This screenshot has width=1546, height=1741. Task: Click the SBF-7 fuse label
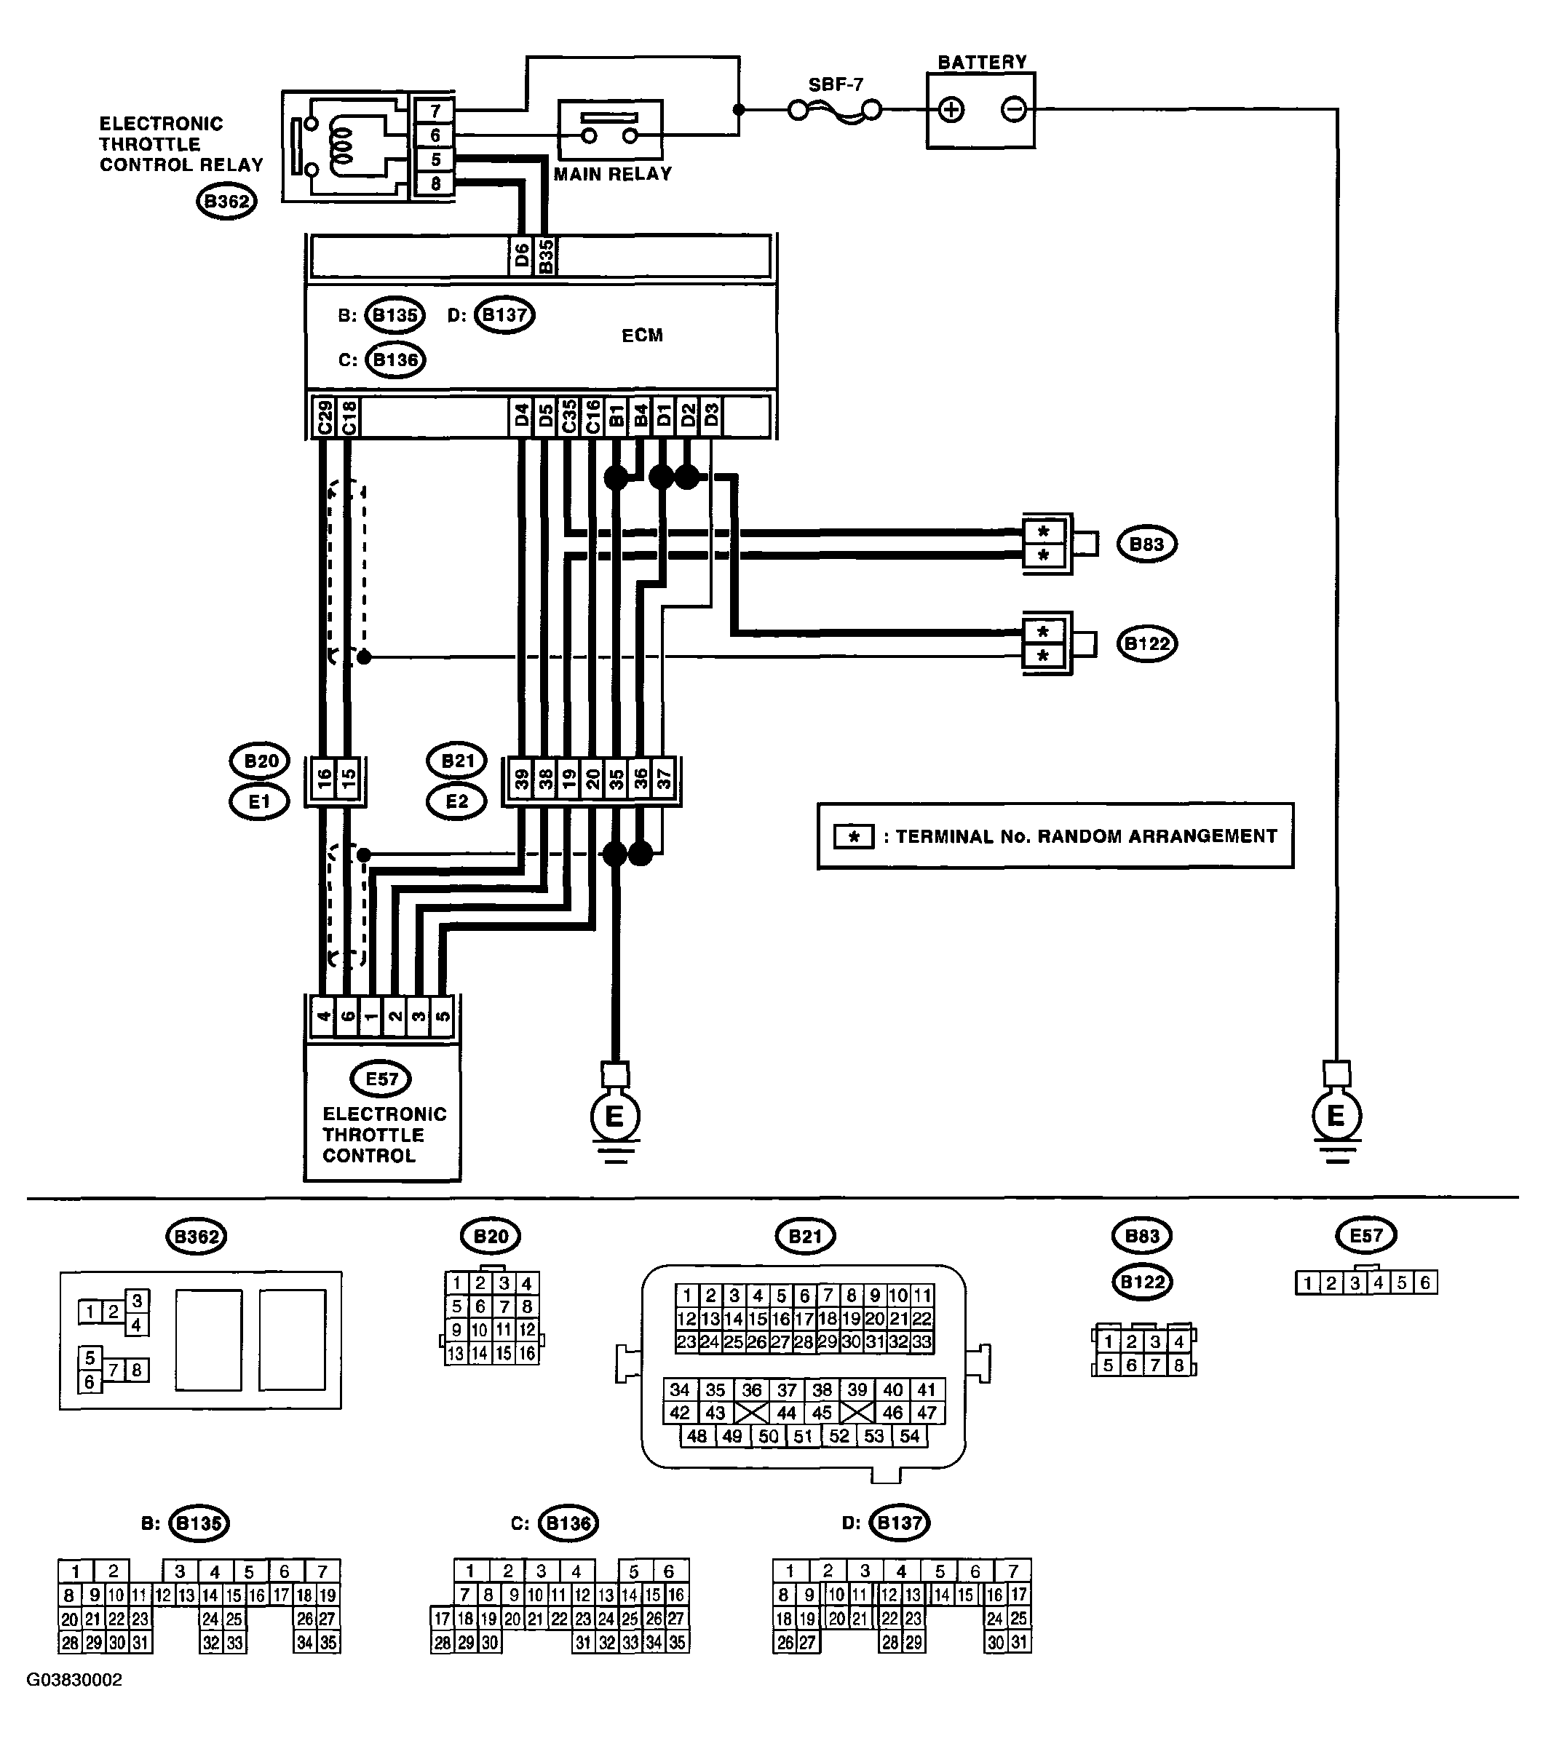pyautogui.click(x=835, y=84)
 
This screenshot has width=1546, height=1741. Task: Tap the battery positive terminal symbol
pyautogui.click(x=951, y=110)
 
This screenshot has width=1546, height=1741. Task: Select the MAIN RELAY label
pyautogui.click(x=612, y=174)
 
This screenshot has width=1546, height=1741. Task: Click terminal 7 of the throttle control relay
pyautogui.click(x=435, y=111)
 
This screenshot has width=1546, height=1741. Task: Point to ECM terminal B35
pyautogui.click(x=546, y=255)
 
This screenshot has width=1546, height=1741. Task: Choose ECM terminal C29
pyautogui.click(x=324, y=417)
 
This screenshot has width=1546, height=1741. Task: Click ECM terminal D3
pyautogui.click(x=711, y=417)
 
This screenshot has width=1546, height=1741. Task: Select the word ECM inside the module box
pyautogui.click(x=642, y=336)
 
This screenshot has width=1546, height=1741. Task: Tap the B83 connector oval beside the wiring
pyautogui.click(x=1147, y=544)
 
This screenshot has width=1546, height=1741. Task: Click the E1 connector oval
pyautogui.click(x=259, y=801)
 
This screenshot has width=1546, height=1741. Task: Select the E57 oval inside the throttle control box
pyautogui.click(x=381, y=1079)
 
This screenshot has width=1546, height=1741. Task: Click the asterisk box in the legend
pyautogui.click(x=854, y=836)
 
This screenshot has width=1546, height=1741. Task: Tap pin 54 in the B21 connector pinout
pyautogui.click(x=910, y=1436)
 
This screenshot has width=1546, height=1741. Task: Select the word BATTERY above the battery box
pyautogui.click(x=982, y=62)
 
